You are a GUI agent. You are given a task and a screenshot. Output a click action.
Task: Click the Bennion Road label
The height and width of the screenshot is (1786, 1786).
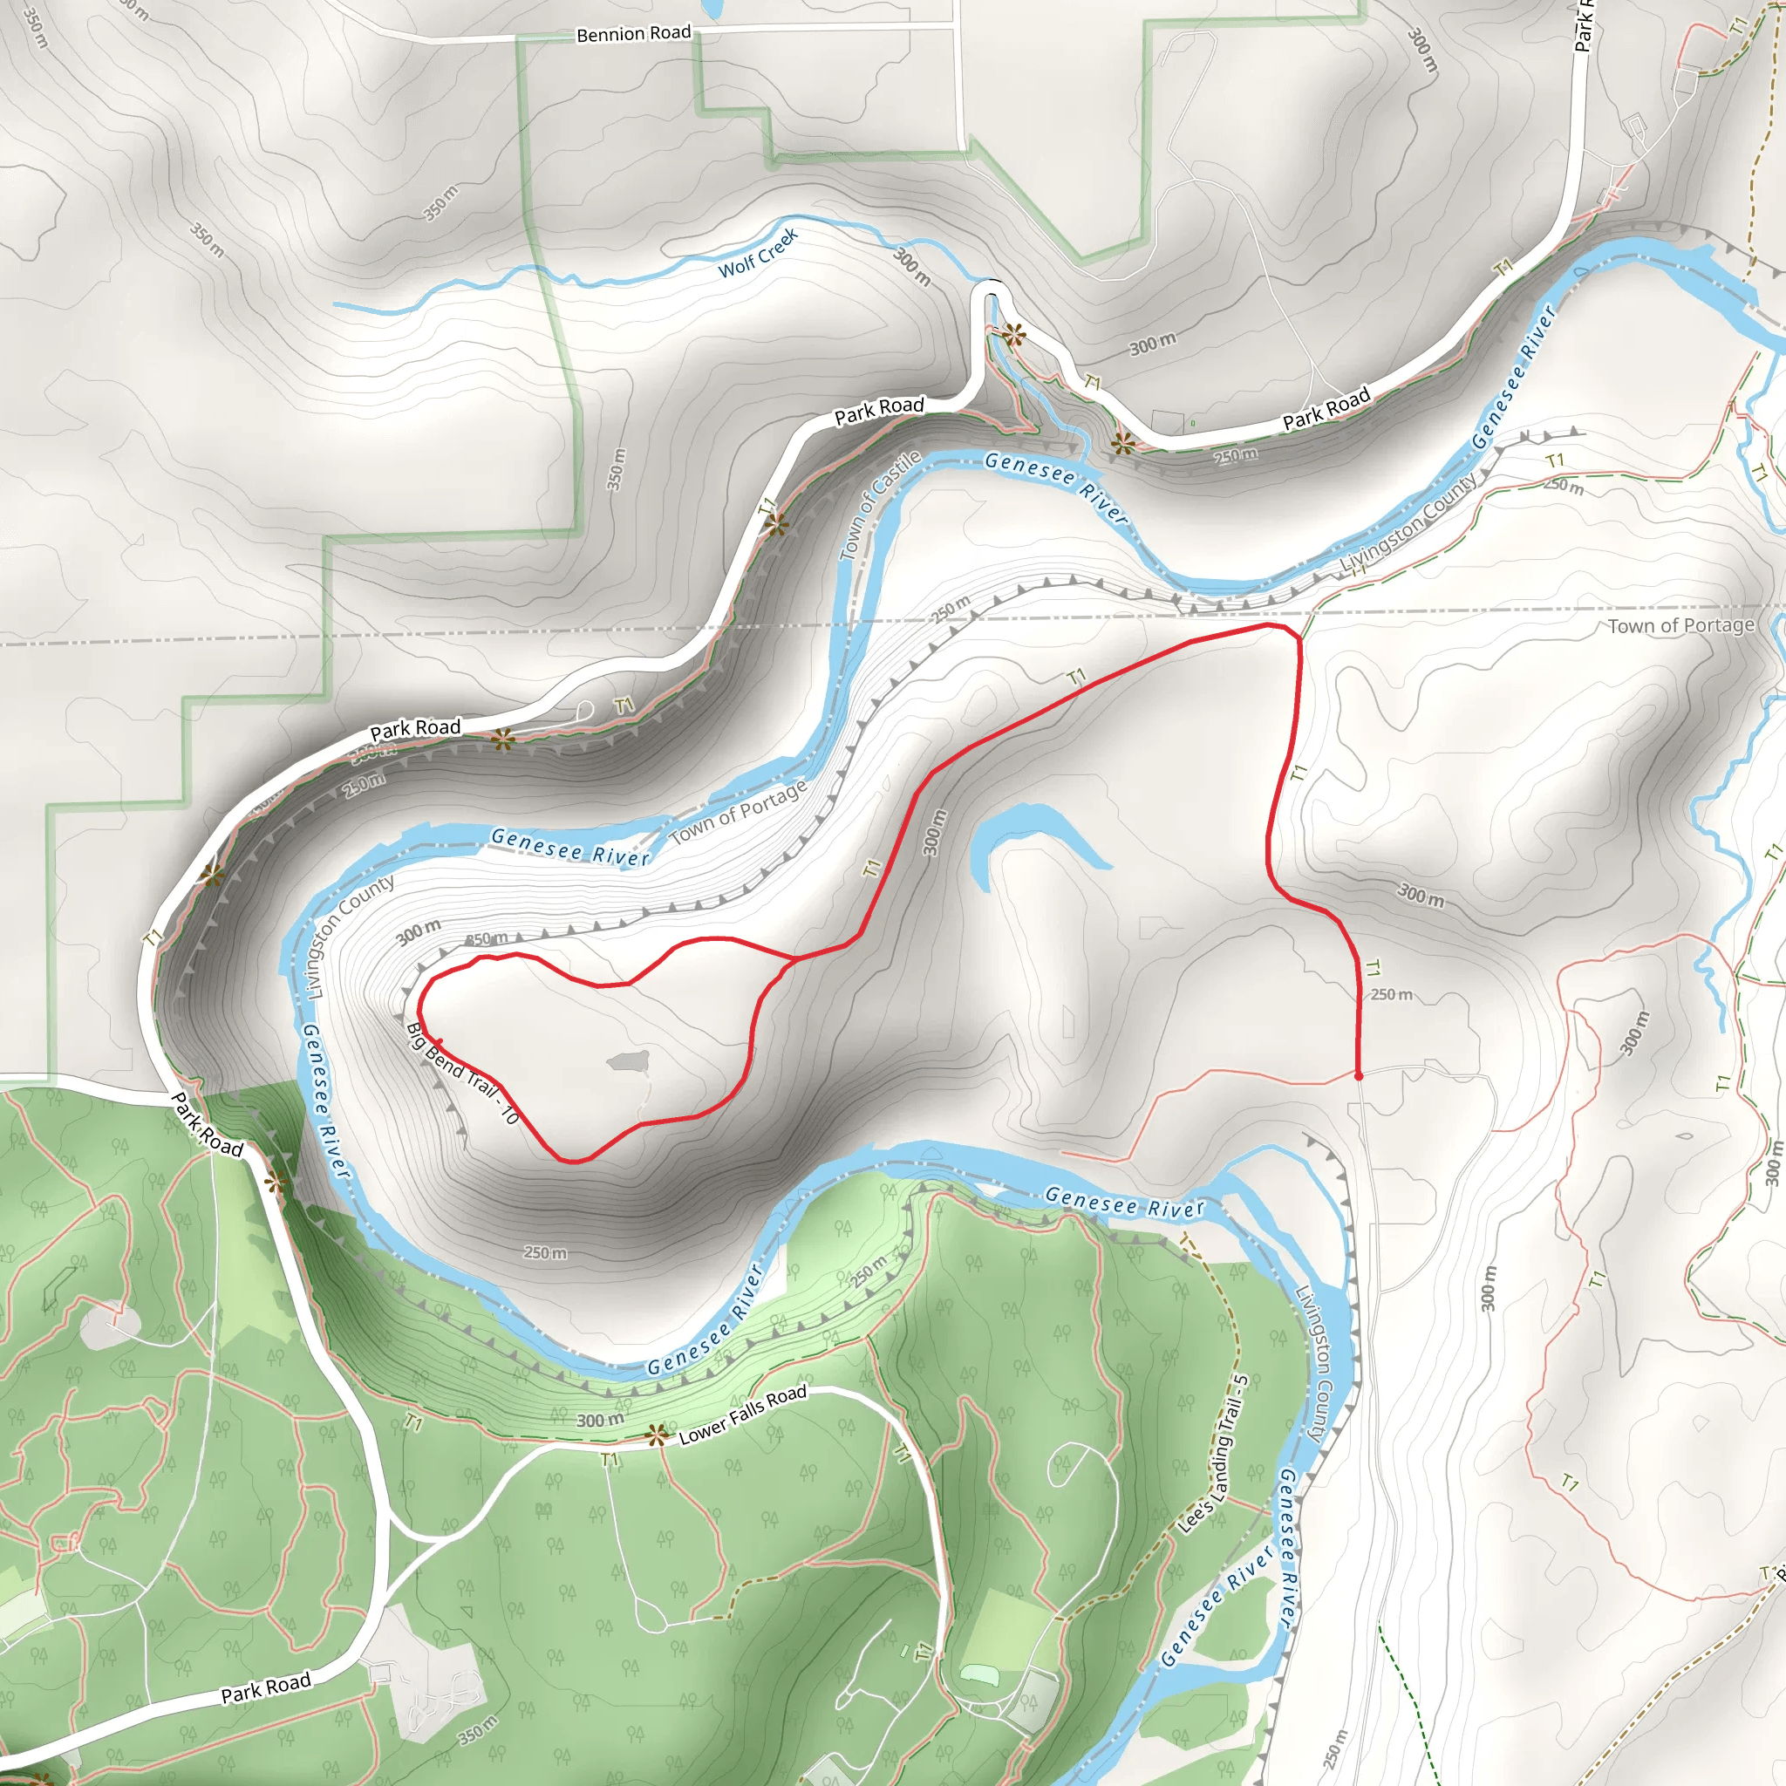click(633, 34)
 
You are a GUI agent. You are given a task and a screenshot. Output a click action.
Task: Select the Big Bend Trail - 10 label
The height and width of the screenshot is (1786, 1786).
click(462, 1074)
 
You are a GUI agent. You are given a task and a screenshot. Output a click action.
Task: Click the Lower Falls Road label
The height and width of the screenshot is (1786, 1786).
click(742, 1415)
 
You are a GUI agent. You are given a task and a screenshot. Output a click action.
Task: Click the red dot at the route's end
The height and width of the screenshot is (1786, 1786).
click(1358, 1076)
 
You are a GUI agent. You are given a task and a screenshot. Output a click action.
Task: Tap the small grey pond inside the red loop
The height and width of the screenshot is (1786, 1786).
click(630, 1060)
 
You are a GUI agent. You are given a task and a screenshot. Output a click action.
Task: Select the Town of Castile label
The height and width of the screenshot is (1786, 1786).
click(879, 505)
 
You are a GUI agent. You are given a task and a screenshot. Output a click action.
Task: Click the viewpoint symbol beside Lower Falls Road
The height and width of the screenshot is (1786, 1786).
click(657, 1435)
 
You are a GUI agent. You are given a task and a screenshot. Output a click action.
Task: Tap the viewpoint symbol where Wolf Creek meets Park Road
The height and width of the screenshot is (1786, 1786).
click(1014, 335)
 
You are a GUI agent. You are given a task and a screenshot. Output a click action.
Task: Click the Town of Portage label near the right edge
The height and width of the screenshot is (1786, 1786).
click(1680, 626)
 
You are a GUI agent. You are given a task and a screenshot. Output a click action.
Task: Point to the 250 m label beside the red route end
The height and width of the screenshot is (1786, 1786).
click(1391, 995)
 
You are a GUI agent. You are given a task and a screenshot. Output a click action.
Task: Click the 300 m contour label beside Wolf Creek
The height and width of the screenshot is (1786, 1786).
click(912, 265)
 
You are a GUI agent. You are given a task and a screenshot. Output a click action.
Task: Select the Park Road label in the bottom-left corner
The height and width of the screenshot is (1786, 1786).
click(265, 1687)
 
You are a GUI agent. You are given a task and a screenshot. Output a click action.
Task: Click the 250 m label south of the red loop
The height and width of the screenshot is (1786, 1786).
click(544, 1252)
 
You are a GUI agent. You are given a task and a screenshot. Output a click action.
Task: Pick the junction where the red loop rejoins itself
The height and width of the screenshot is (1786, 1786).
click(794, 959)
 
